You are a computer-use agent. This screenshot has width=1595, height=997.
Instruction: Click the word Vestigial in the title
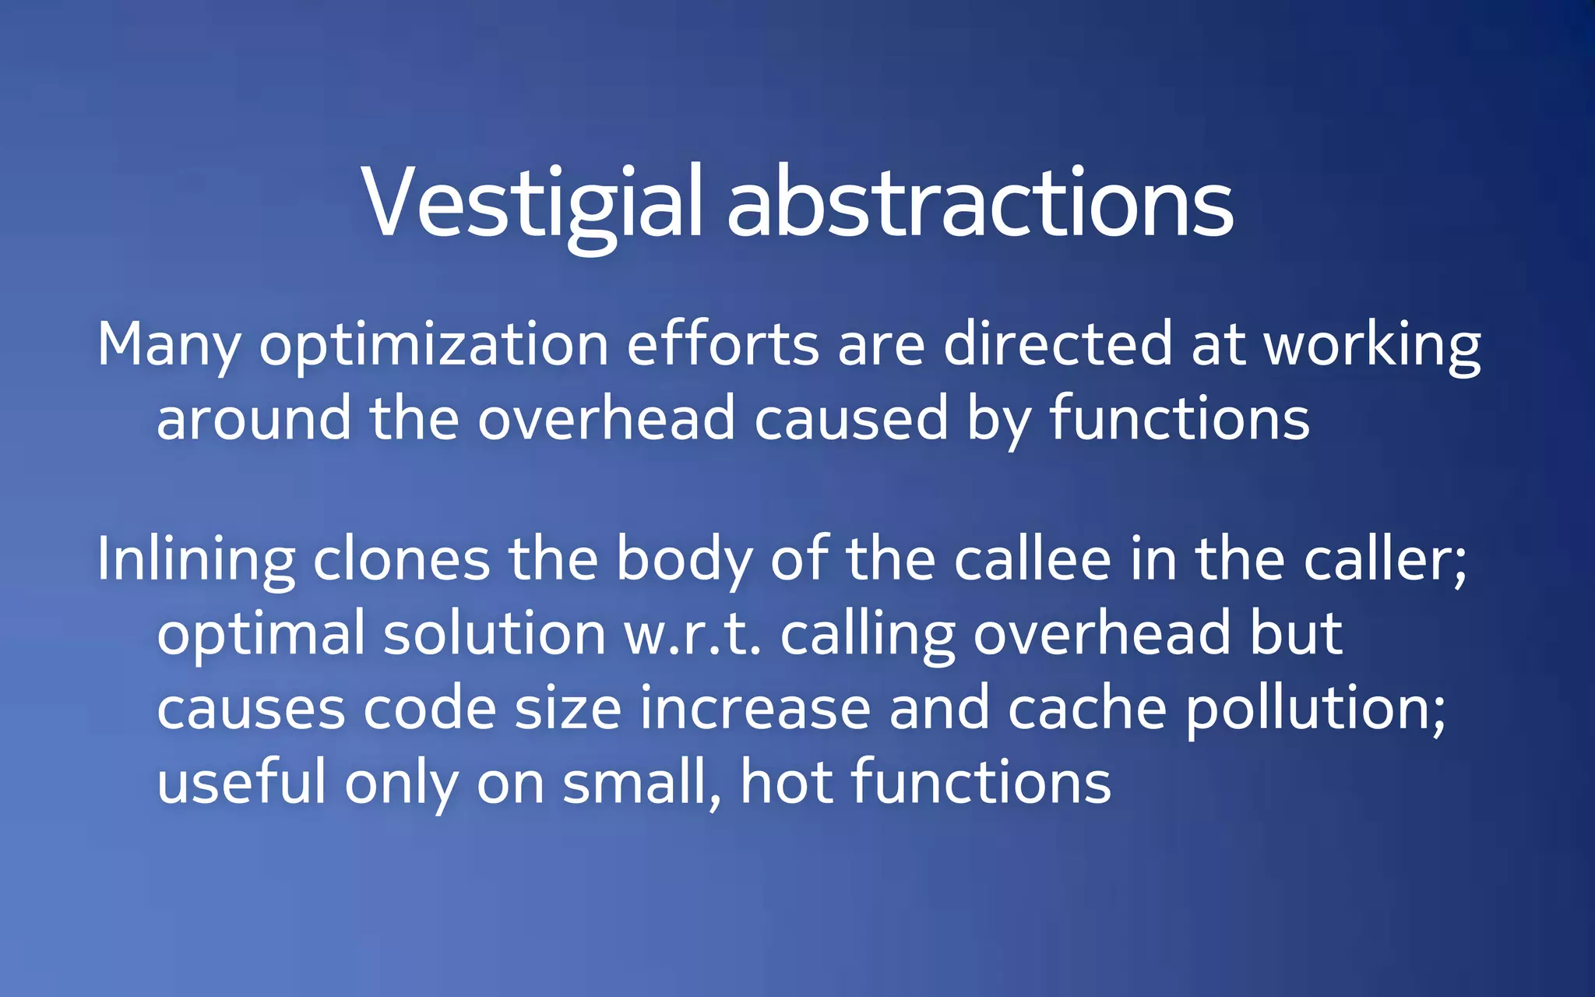click(532, 204)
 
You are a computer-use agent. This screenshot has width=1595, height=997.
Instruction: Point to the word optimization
click(434, 345)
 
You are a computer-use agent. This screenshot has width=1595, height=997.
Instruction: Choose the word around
click(254, 419)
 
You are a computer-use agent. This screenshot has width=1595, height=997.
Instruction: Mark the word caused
click(850, 419)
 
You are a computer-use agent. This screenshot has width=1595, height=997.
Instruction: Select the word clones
click(401, 559)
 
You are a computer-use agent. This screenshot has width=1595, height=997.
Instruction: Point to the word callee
click(1032, 559)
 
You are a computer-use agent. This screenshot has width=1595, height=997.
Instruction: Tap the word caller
click(1385, 559)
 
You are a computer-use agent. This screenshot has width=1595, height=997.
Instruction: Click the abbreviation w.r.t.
click(692, 634)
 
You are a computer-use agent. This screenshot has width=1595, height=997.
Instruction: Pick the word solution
click(495, 632)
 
